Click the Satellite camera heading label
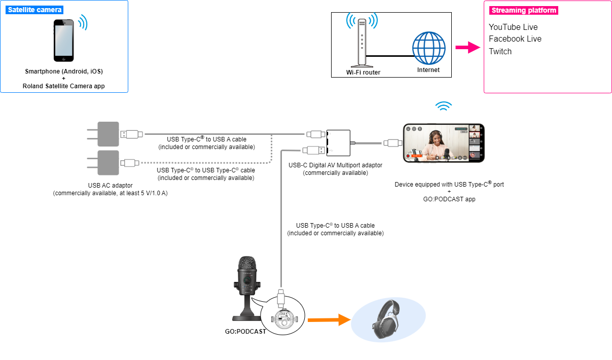pos(34,10)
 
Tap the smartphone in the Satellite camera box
pos(64,41)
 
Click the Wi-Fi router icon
pos(362,43)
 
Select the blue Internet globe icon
pos(428,48)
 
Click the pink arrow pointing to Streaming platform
pos(467,47)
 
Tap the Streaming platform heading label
pos(524,10)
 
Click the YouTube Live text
pos(513,27)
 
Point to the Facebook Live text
pos(515,39)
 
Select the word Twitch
pos(500,51)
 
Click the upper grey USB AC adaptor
pos(108,134)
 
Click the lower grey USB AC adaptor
pos(108,163)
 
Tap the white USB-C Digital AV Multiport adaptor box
pos(338,143)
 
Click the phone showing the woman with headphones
pos(444,143)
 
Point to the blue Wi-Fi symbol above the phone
pos(444,106)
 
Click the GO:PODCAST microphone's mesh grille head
pos(247,263)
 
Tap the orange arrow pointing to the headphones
pos(329,320)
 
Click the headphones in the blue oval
pos(386,319)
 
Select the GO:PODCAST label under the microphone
pos(245,331)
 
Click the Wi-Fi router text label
pos(363,73)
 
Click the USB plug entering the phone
pos(393,143)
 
